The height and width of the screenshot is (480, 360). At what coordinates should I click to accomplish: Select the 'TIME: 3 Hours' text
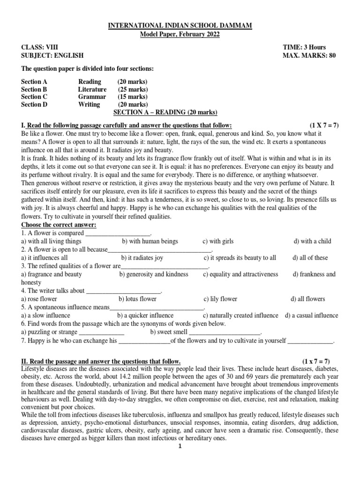tap(304, 47)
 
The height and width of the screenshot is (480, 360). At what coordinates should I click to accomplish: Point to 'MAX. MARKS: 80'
tap(309, 55)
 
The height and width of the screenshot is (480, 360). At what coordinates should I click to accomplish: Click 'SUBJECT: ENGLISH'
tap(52, 55)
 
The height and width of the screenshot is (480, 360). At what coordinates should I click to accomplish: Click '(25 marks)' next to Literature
tap(133, 89)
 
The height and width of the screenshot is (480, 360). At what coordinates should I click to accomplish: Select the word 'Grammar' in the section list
tap(92, 97)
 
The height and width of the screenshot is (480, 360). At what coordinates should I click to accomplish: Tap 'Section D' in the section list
tap(34, 105)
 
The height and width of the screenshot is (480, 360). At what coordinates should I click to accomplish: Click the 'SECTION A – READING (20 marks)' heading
tap(166, 112)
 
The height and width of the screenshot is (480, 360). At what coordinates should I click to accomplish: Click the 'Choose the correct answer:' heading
tap(59, 225)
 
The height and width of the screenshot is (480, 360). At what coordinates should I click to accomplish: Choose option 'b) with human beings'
tap(150, 241)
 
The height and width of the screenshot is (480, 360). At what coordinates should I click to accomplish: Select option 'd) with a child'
tap(312, 241)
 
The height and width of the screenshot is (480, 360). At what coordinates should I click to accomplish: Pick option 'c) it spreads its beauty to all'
tap(240, 258)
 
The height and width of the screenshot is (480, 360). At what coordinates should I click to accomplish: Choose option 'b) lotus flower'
tap(137, 299)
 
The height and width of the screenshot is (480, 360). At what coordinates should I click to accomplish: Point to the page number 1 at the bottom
tap(180, 446)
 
